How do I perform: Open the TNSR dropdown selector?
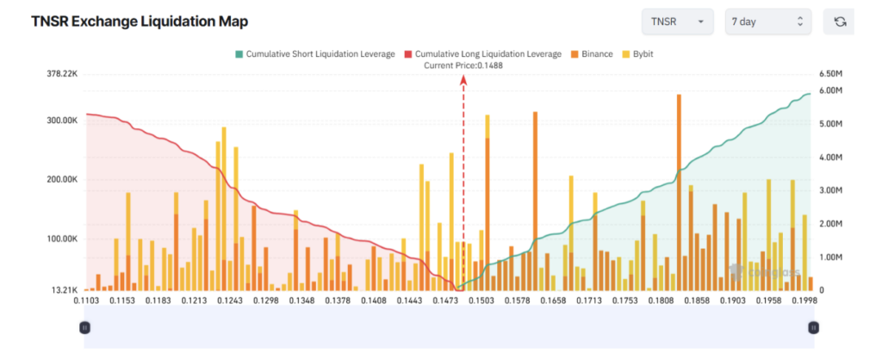(678, 22)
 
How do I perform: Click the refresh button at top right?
(839, 22)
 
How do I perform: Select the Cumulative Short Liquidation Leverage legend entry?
(314, 54)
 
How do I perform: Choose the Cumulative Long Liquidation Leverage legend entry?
(482, 54)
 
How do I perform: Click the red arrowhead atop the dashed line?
(463, 79)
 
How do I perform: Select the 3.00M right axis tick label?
(829, 190)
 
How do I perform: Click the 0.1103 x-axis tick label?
(85, 301)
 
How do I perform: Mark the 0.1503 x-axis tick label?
(481, 301)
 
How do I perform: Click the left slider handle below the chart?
(84, 327)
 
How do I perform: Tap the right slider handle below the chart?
(813, 327)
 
